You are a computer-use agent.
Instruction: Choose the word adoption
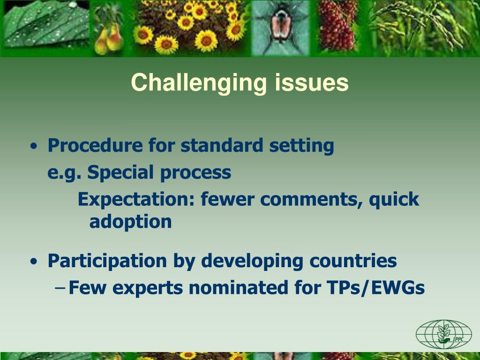130,222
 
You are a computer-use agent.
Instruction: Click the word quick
393,200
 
